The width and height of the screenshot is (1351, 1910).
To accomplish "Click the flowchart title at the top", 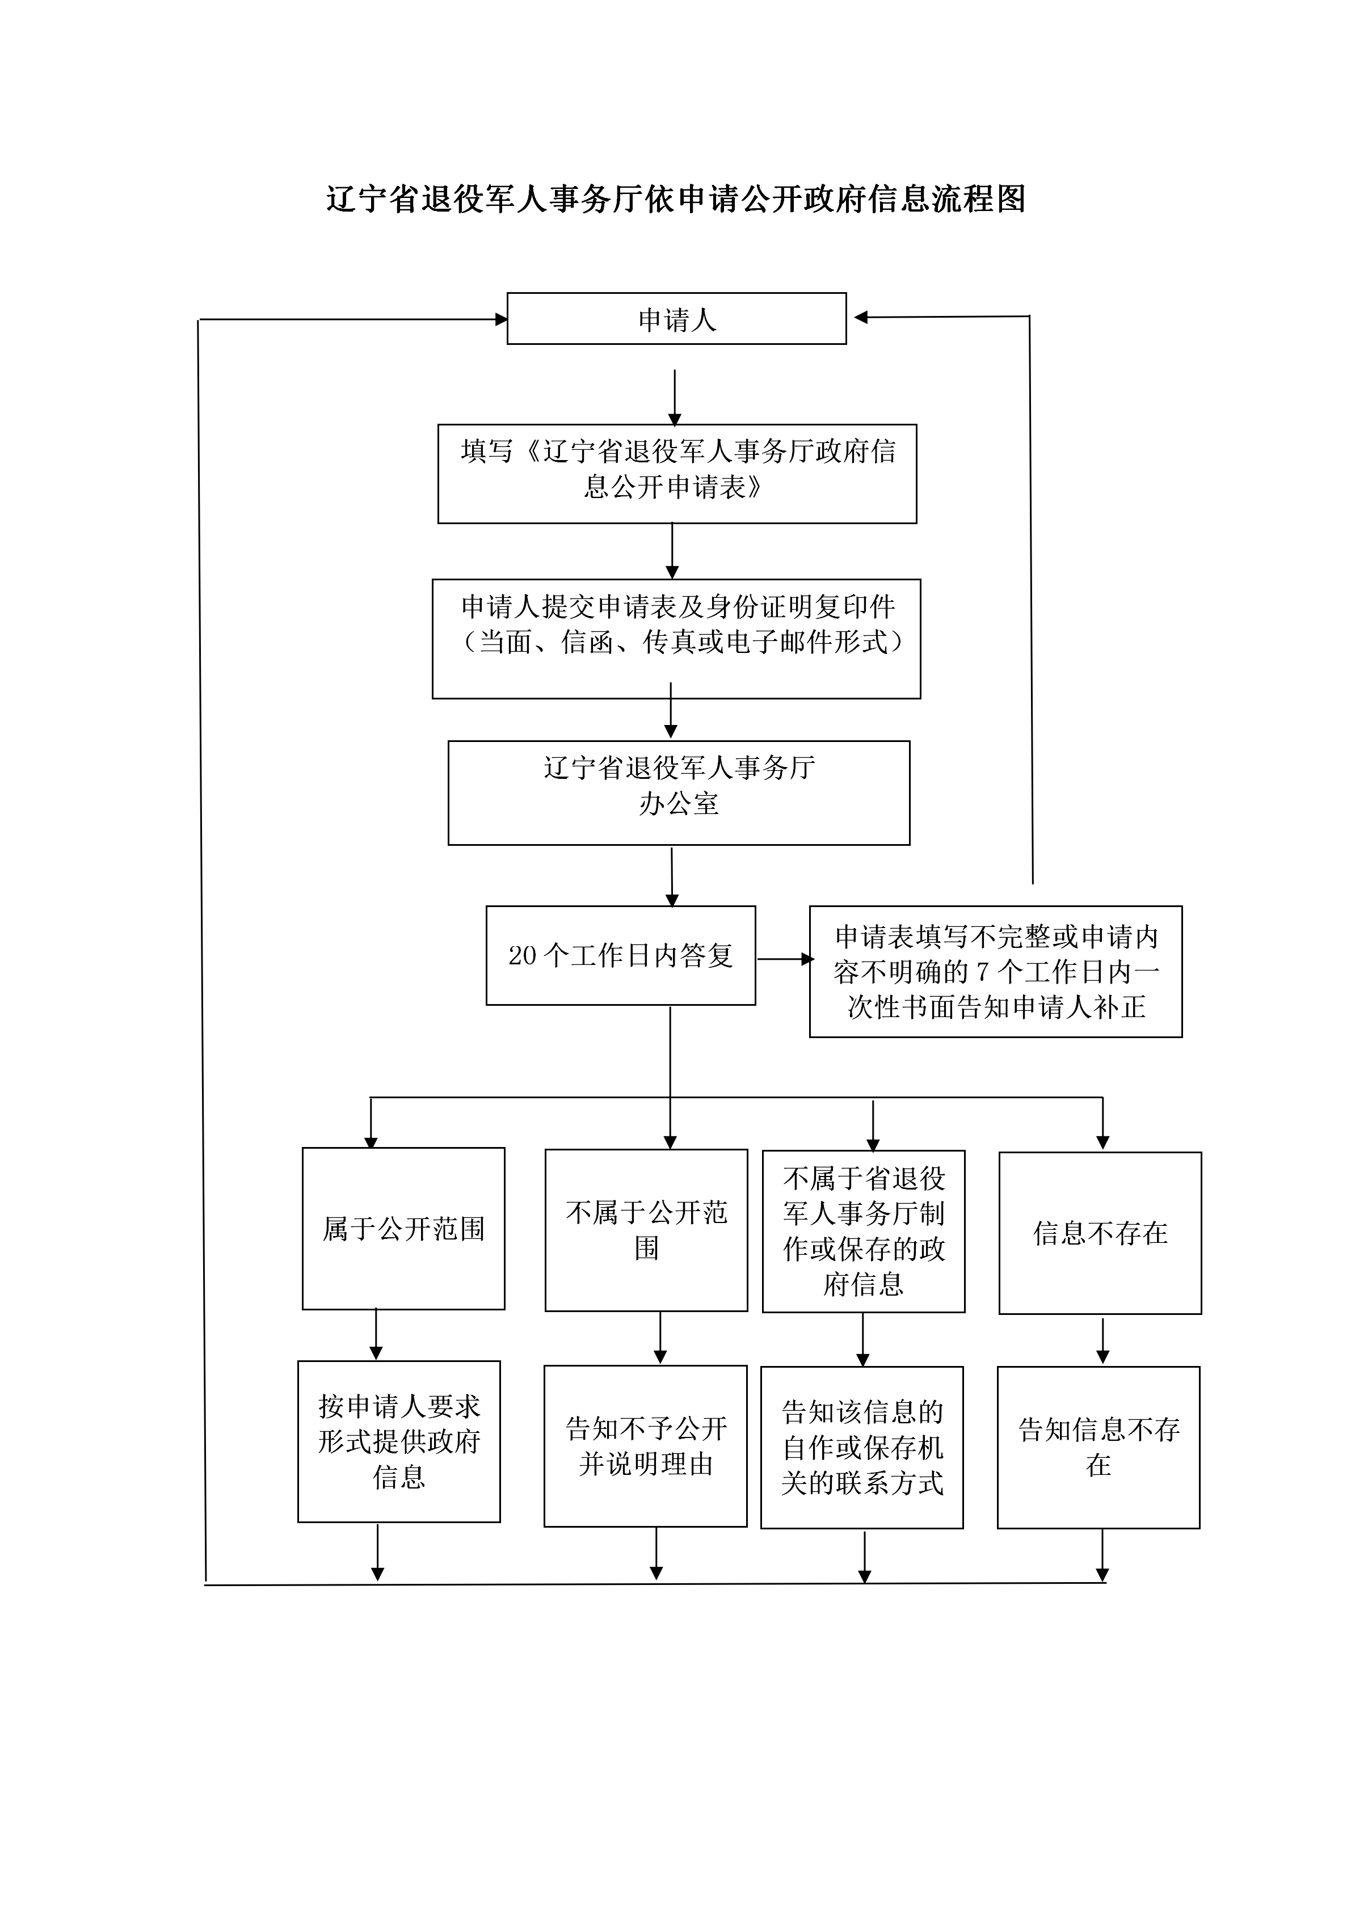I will point(675,200).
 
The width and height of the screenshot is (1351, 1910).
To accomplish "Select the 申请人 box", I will point(676,319).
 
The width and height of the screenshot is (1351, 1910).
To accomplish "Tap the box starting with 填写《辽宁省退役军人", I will point(677,473).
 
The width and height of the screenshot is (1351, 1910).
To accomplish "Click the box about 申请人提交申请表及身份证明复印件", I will point(676,639).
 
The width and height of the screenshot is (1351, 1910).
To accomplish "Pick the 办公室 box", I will point(679,793).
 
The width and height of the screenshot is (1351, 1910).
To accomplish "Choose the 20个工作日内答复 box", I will point(621,955).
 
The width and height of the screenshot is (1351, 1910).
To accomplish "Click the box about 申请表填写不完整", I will point(996,972).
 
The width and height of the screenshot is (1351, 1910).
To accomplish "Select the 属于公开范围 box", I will point(403,1229).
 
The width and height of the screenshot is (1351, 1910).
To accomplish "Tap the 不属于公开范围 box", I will point(646,1230).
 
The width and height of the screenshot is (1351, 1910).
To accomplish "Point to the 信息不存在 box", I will point(1100,1233).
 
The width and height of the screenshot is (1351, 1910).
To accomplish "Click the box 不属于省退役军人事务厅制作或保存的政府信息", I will point(864,1231).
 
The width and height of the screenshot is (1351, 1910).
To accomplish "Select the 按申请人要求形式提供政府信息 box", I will point(399,1441).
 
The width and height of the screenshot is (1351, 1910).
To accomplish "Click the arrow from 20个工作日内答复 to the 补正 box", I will point(784,959).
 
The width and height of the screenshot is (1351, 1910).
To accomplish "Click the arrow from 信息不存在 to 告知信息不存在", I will point(1102,1339).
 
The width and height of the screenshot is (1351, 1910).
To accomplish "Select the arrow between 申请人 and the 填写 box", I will point(675,398).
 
